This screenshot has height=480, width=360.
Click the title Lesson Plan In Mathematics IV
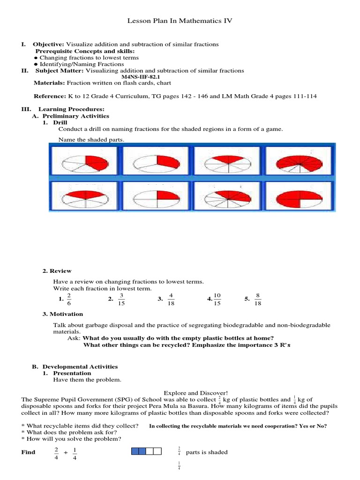coord(180,21)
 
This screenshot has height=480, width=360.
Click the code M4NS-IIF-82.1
coord(141,77)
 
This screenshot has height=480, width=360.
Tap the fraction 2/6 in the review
coord(69,300)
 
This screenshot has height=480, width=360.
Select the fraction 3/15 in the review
coord(121,300)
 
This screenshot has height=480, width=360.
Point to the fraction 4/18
coord(171,300)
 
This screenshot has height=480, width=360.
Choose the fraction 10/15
coord(217,300)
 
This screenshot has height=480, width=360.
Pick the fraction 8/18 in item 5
coord(258,300)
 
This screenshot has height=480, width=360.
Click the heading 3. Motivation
coord(63,314)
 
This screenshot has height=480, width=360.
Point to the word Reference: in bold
coord(49,97)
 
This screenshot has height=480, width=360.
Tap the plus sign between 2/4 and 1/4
coord(66,452)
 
